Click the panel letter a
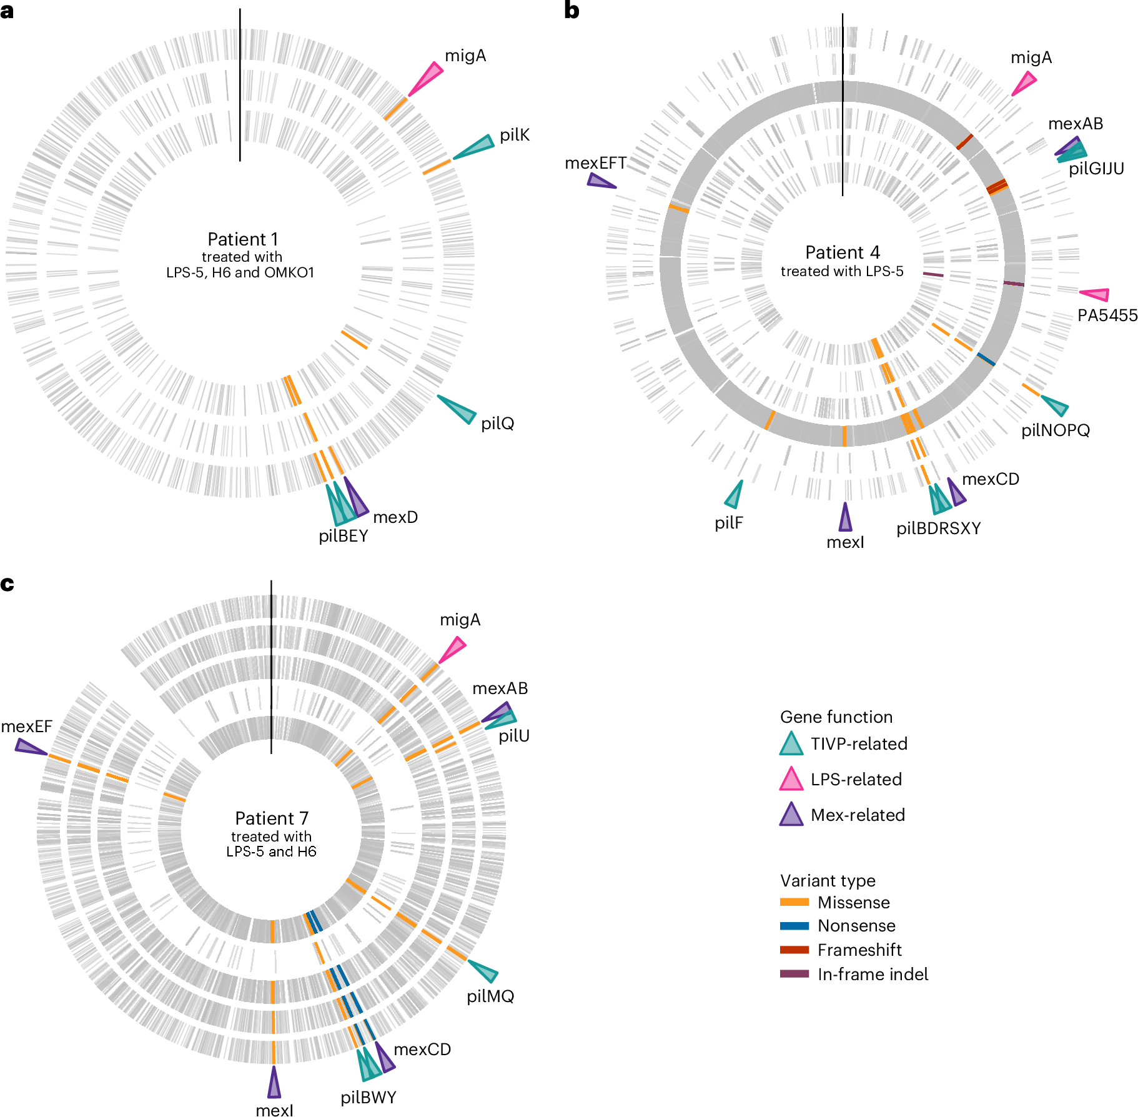[7, 11]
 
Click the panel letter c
[7, 583]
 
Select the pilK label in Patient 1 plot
[515, 135]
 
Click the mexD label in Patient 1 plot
[395, 517]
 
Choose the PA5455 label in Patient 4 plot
[1107, 315]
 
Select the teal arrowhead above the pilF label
[735, 495]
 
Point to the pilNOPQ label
[1056, 430]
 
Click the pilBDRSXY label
[938, 529]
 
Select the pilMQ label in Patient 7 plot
[490, 996]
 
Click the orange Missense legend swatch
[794, 902]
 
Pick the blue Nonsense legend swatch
[794, 926]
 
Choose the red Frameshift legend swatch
[794, 950]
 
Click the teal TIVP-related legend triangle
[791, 745]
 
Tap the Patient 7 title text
[272, 818]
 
